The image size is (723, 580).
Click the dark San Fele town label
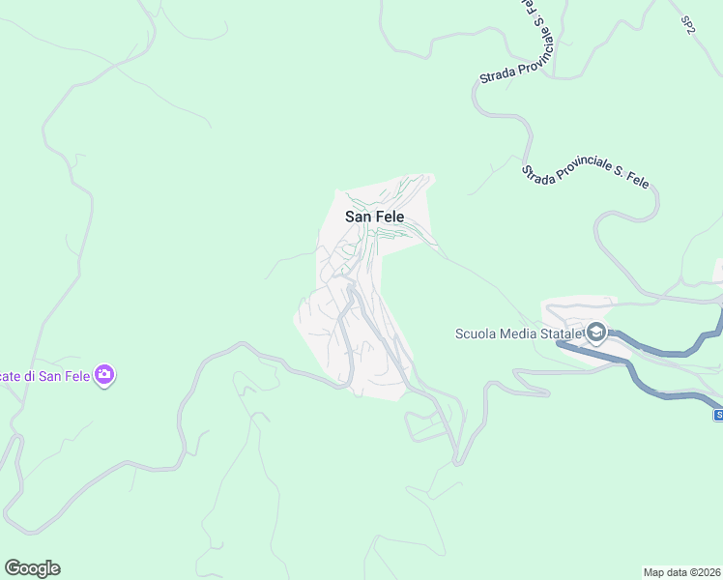(x=374, y=217)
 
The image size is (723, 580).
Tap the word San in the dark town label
(x=357, y=217)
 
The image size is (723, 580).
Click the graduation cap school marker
(x=595, y=334)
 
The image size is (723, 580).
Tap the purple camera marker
(x=105, y=374)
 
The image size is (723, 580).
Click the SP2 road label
(x=687, y=25)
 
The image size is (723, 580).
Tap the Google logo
(x=32, y=568)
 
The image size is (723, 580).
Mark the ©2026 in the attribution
(x=704, y=572)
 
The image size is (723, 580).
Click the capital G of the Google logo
(x=13, y=568)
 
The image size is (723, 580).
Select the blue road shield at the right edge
(x=718, y=415)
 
